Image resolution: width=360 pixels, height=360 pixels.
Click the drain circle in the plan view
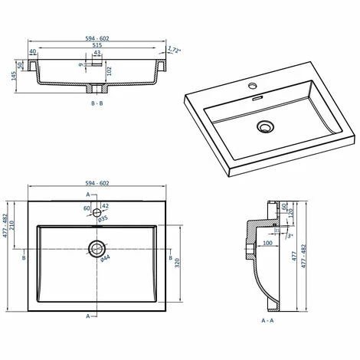(97, 248)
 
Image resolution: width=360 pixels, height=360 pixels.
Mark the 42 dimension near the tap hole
(105, 207)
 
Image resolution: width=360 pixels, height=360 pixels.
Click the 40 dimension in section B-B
(33, 52)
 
